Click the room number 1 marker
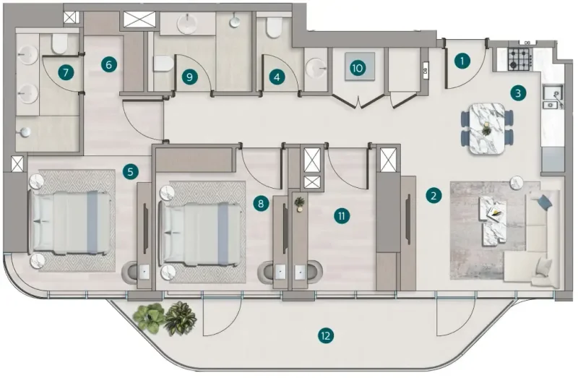tap(462, 61)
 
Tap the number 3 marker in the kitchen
tap(517, 92)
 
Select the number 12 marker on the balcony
tap(326, 335)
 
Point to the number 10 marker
tap(356, 68)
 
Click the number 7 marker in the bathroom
tap(66, 72)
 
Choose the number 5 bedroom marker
tap(130, 171)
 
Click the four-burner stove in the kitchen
tap(519, 57)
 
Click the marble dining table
tap(486, 127)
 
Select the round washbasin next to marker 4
tap(316, 69)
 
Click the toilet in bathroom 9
tap(163, 64)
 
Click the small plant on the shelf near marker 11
tap(299, 205)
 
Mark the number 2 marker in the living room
tap(433, 194)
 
